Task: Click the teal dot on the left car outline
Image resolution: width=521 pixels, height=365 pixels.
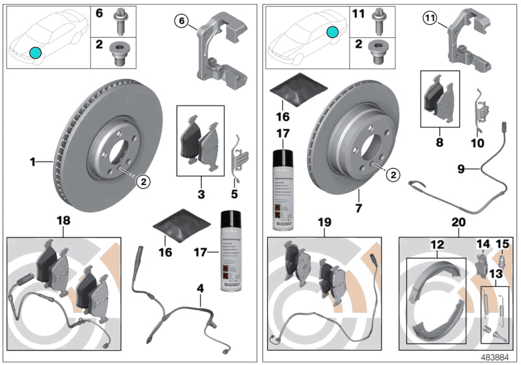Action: coord(35,52)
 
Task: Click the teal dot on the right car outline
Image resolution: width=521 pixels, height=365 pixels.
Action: coord(333,31)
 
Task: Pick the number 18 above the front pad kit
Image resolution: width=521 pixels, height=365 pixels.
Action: coord(63,222)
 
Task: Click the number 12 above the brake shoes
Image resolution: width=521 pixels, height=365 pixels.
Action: coord(437,244)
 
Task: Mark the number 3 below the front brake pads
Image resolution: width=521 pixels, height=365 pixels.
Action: coord(201,194)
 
